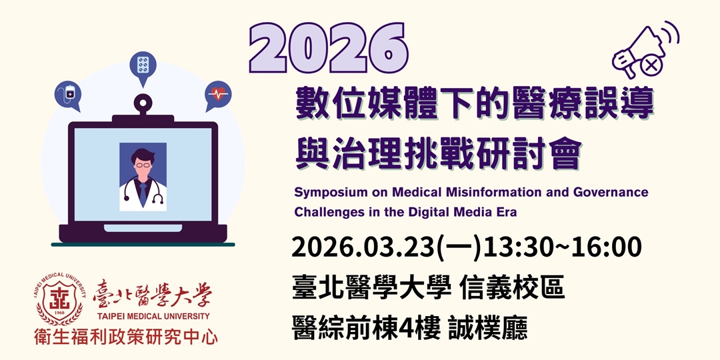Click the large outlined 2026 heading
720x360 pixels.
(x=328, y=49)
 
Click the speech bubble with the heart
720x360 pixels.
(x=217, y=95)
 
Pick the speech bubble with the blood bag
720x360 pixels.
(x=69, y=95)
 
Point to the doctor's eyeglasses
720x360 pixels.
(x=143, y=164)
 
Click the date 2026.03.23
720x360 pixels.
(x=363, y=248)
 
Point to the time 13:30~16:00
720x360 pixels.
(x=562, y=248)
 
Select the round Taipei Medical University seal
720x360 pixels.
(x=59, y=300)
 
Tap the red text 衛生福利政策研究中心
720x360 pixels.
(x=126, y=337)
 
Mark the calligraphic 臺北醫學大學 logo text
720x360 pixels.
(x=153, y=294)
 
